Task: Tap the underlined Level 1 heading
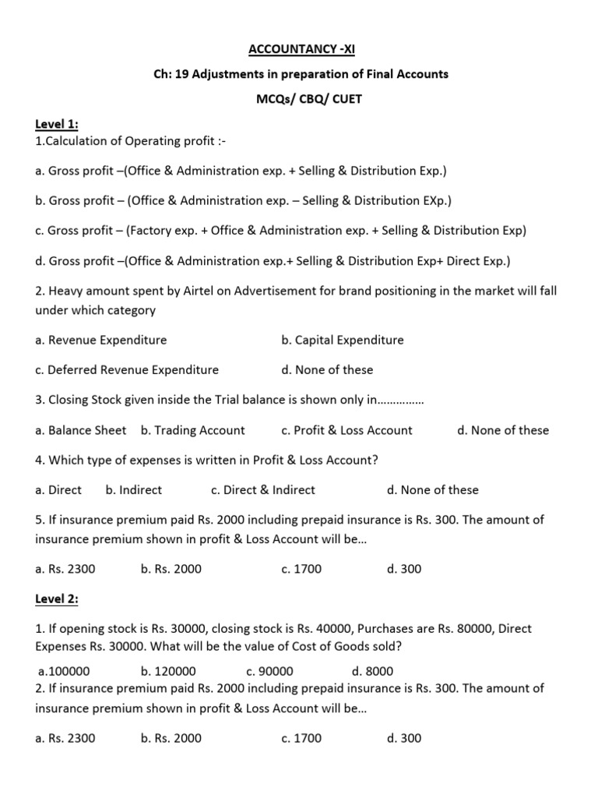[x=57, y=125]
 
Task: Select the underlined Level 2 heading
[x=57, y=598]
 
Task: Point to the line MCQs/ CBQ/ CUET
[x=300, y=99]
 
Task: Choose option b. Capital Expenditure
[x=343, y=340]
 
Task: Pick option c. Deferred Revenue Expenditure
[x=127, y=369]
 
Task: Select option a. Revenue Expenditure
[x=101, y=340]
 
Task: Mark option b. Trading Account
[x=192, y=430]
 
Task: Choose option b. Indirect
[x=133, y=489]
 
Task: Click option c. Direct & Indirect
[x=263, y=489]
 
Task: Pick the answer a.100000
[x=64, y=671]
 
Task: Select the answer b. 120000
[x=168, y=671]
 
